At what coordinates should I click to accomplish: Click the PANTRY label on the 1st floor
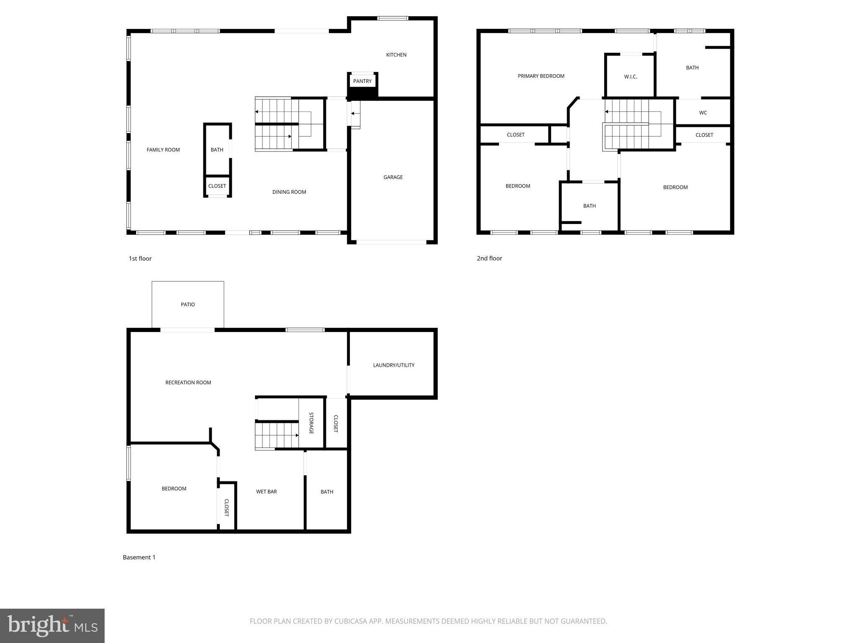click(x=362, y=81)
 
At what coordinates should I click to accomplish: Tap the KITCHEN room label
click(x=396, y=55)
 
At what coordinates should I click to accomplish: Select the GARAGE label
click(x=393, y=177)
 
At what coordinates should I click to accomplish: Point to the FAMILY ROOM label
click(x=163, y=150)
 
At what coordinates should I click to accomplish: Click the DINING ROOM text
click(x=289, y=192)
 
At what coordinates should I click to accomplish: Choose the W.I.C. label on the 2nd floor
click(x=630, y=77)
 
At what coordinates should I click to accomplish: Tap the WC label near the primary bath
click(x=703, y=113)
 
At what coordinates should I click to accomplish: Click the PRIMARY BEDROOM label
click(x=541, y=76)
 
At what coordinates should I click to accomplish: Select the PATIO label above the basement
click(x=187, y=304)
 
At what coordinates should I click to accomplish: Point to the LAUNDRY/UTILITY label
click(x=393, y=365)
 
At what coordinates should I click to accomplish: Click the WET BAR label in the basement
click(x=266, y=491)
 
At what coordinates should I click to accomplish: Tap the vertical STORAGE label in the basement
click(x=311, y=423)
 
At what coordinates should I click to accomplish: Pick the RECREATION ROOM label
click(x=188, y=382)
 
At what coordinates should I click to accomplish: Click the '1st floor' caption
click(x=140, y=258)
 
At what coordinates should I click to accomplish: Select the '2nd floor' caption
click(x=489, y=258)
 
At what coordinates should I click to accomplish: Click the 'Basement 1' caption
click(x=139, y=557)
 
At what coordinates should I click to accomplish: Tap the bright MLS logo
click(x=52, y=625)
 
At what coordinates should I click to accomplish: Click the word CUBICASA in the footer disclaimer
click(x=350, y=621)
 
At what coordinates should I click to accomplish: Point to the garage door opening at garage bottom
click(x=391, y=242)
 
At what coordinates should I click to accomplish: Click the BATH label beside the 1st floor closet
click(x=217, y=150)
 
